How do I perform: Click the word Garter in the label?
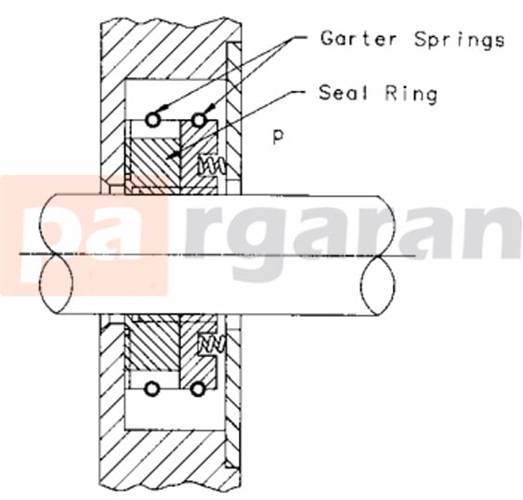(x=359, y=38)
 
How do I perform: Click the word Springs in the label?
(x=459, y=40)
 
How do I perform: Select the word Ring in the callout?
(x=412, y=94)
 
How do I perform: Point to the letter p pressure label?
(x=279, y=137)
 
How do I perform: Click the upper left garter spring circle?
(x=152, y=120)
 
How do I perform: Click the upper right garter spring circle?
(x=199, y=120)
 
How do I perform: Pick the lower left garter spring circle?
(x=152, y=388)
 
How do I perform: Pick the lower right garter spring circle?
(x=198, y=388)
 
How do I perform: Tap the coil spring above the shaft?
(x=211, y=165)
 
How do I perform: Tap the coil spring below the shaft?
(x=212, y=344)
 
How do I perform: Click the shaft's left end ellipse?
(x=56, y=255)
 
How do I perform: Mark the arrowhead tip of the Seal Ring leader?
(x=167, y=158)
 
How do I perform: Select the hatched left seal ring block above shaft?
(x=154, y=165)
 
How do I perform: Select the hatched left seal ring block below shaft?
(x=154, y=344)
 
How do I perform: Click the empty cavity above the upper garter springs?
(x=176, y=97)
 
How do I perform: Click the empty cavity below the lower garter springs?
(x=176, y=411)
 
